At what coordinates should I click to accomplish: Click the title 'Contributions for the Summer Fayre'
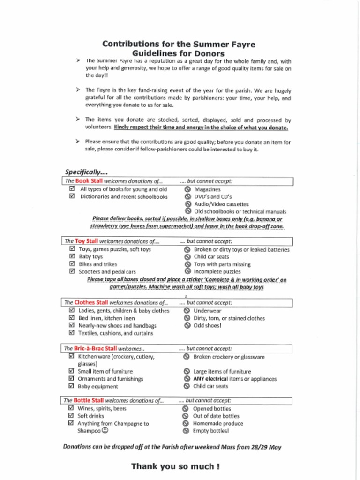[x=179, y=44]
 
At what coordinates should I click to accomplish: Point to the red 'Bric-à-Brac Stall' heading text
[x=96, y=348]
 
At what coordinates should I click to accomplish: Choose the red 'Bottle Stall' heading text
[x=89, y=400]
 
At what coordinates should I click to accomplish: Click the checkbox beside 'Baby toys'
[x=72, y=256]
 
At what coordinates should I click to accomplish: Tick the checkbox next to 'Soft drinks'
[x=71, y=415]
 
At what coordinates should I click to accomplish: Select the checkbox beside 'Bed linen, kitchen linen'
[x=71, y=318]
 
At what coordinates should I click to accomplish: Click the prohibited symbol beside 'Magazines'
[x=187, y=189]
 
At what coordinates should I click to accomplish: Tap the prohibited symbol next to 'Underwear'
[x=187, y=310]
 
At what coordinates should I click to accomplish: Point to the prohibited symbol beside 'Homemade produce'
[x=186, y=423]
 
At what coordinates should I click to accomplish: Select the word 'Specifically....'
[x=86, y=172]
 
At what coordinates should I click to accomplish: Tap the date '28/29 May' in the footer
[x=266, y=447]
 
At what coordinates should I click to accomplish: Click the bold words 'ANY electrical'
[x=210, y=379]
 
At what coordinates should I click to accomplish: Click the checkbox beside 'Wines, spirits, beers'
[x=71, y=408]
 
